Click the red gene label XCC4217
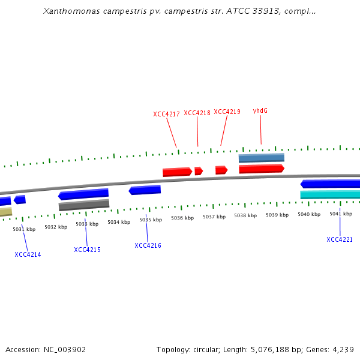point(166,114)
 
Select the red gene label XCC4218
point(197,113)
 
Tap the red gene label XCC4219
point(227,112)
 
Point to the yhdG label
point(260,110)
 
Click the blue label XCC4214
point(28,254)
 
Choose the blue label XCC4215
point(87,250)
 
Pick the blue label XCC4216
point(148,245)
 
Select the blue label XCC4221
point(340,239)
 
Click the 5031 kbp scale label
point(24,229)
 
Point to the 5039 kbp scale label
point(277,215)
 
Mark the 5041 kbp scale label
point(340,214)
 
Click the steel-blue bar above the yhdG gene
point(261,158)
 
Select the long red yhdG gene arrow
point(261,169)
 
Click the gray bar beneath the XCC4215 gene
point(83,205)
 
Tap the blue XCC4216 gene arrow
point(145,190)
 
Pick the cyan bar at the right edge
point(330,194)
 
